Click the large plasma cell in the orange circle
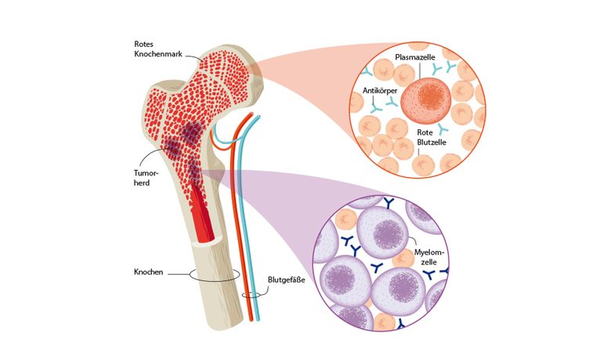426,103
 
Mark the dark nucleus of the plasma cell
428,103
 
